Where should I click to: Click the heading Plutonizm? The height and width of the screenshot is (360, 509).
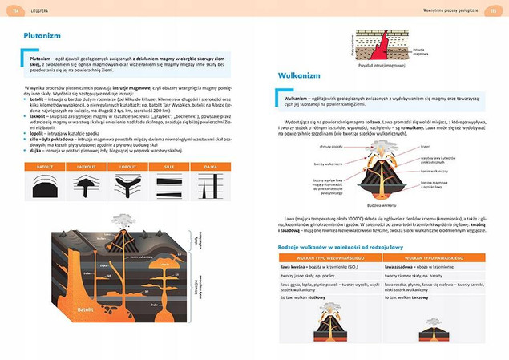click(41, 36)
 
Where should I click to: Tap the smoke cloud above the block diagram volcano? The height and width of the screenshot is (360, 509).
click(123, 220)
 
